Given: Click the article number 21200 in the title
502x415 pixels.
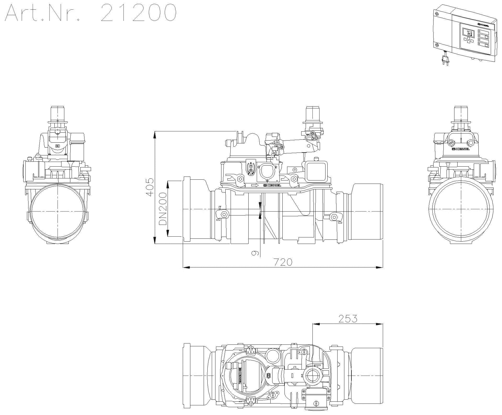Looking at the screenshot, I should pyautogui.click(x=138, y=13).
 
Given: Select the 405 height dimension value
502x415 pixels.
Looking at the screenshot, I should pyautogui.click(x=150, y=187).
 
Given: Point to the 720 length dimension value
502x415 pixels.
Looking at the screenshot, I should pyautogui.click(x=283, y=262).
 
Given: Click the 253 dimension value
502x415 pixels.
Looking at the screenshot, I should pyautogui.click(x=348, y=319).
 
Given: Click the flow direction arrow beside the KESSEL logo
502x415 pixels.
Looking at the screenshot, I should pyautogui.click(x=254, y=185).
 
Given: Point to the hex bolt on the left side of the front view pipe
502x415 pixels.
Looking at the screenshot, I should pyautogui.click(x=224, y=215).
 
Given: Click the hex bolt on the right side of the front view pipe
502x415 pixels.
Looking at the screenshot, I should pyautogui.click(x=333, y=217).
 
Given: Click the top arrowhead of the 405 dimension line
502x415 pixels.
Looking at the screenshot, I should pyautogui.click(x=155, y=134).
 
